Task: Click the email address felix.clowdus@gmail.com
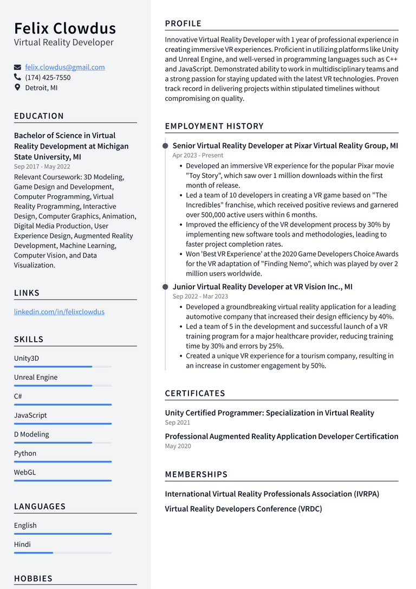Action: click(x=65, y=67)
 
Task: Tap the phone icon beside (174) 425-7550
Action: click(x=17, y=78)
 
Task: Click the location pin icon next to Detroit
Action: click(x=17, y=87)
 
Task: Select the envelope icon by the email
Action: click(x=17, y=67)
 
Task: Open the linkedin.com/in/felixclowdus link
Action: click(x=59, y=312)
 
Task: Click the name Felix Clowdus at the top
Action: click(x=65, y=28)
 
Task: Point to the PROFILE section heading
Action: click(x=183, y=23)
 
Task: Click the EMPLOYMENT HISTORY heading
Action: click(x=214, y=126)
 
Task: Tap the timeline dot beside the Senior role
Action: click(x=165, y=146)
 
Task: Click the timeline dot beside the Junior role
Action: click(x=165, y=287)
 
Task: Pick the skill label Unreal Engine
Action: click(x=36, y=377)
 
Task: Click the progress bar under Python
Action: click(x=63, y=462)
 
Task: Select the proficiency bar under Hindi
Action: click(x=63, y=553)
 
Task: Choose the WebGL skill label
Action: click(x=25, y=472)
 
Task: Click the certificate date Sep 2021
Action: click(x=178, y=422)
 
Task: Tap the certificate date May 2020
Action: click(x=178, y=446)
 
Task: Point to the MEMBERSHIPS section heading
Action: click(x=196, y=475)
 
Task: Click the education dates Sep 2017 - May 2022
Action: click(x=42, y=167)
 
